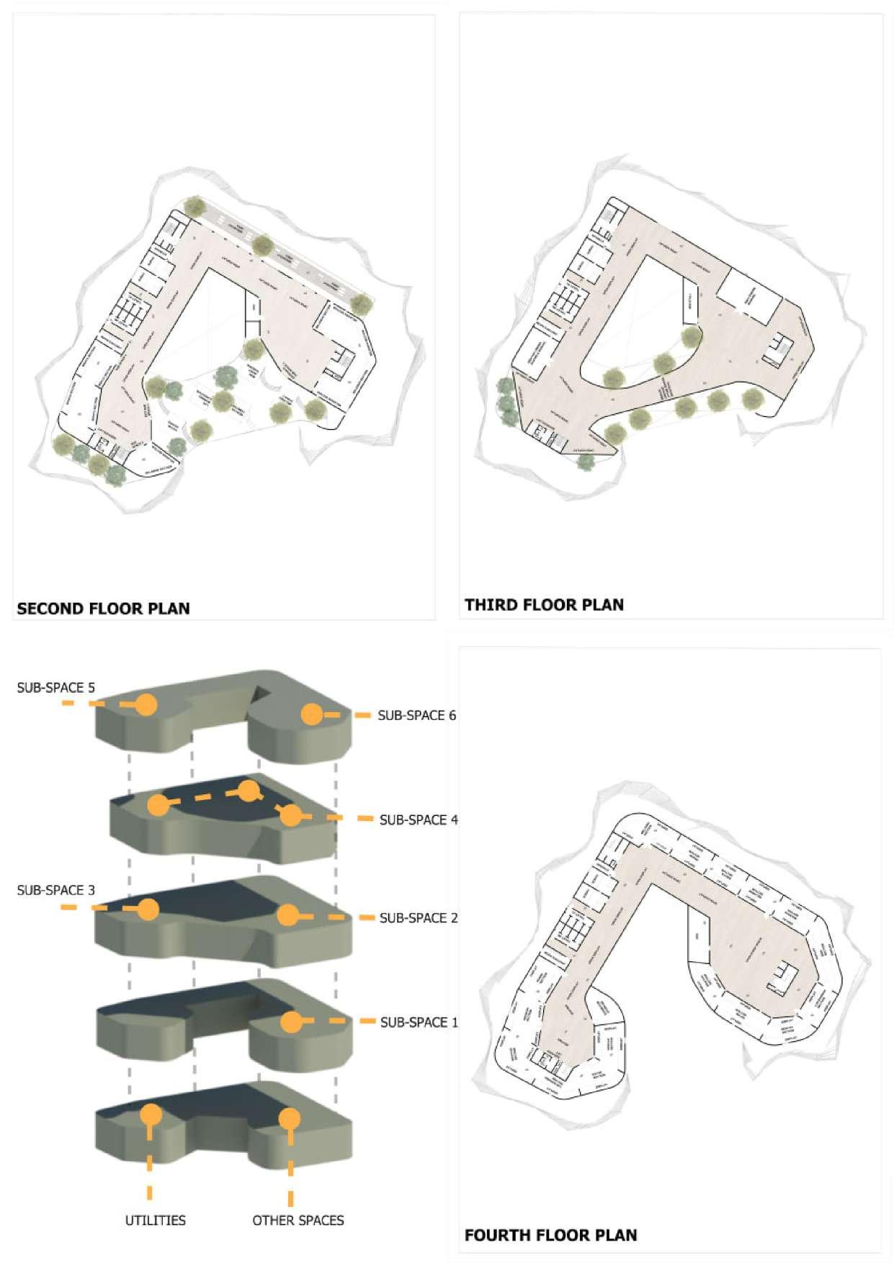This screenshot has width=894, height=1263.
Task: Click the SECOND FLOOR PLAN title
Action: point(103,608)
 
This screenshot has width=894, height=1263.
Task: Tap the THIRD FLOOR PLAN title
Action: point(544,605)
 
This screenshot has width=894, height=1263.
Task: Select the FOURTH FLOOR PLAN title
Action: point(550,1236)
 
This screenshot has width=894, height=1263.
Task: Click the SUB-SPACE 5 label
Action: point(55,688)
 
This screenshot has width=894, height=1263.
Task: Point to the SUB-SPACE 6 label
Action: point(416,715)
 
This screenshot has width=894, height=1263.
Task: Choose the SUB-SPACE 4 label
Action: point(418,819)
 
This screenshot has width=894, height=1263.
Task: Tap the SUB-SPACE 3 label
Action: point(55,890)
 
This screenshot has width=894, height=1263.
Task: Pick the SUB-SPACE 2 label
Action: point(418,918)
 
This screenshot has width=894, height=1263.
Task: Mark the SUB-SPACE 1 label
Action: point(419,1022)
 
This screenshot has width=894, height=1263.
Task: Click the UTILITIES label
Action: point(155,1220)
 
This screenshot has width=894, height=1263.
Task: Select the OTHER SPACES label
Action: point(298,1220)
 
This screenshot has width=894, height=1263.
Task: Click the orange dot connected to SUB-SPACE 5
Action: point(146,704)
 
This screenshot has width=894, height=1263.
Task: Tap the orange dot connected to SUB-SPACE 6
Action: point(311,714)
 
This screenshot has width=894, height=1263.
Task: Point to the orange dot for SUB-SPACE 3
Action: point(148,909)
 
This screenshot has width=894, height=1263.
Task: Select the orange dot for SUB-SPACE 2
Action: point(287,916)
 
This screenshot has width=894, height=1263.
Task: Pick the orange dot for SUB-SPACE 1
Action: point(291,1022)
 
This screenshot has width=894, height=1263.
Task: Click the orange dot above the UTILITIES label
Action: point(151,1115)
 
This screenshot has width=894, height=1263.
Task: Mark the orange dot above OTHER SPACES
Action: point(290,1118)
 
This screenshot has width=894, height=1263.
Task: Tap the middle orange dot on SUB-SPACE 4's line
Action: point(249,791)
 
